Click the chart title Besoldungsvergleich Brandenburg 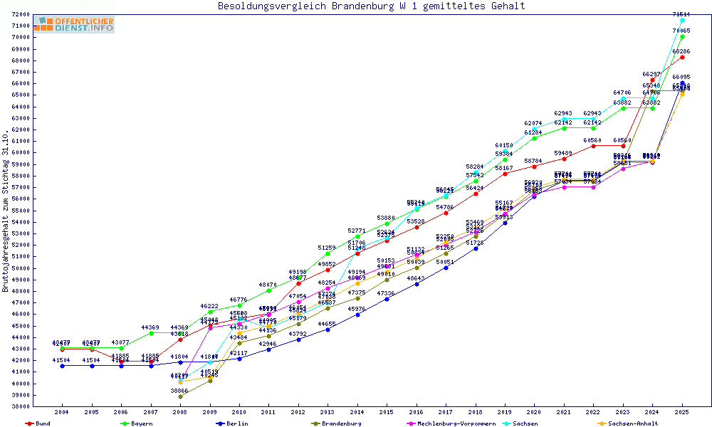coord(371,6)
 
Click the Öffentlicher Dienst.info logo coord(73,25)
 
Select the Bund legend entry coord(42,423)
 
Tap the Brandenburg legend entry coord(341,423)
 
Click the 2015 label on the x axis coord(387,412)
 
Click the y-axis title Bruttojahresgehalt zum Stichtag coord(6,211)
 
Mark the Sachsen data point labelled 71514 coord(682,20)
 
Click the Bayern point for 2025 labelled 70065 coord(682,36)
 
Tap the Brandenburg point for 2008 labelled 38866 coord(180,396)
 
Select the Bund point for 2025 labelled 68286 coord(682,57)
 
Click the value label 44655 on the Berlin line coord(327,324)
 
